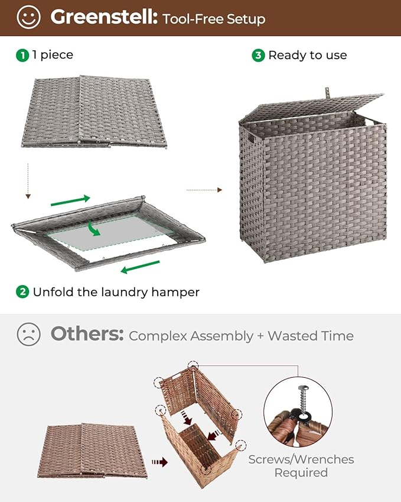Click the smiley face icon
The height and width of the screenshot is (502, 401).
[x=29, y=18]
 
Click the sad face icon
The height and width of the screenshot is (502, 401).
[x=28, y=335]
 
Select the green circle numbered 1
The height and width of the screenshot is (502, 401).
[x=22, y=55]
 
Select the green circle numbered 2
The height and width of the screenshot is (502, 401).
[x=22, y=292]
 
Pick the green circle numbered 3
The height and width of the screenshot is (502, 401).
[x=258, y=55]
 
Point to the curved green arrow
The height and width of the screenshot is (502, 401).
[x=93, y=227]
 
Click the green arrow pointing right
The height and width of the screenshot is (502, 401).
[x=70, y=200]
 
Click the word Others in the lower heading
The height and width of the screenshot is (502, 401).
[x=87, y=335]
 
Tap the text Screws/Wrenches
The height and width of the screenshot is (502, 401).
[x=301, y=459]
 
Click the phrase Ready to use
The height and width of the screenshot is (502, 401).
[x=307, y=55]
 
